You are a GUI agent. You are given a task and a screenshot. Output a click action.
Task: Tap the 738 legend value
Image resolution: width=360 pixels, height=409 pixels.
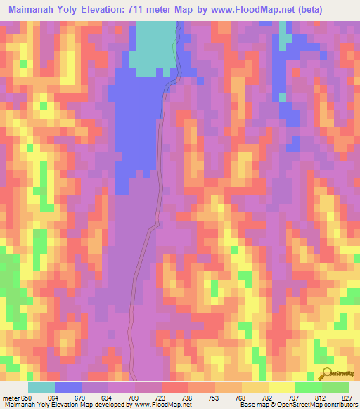pos(188,398)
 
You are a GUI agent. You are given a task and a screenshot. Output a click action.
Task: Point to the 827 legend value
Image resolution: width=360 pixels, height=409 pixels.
pos(347,398)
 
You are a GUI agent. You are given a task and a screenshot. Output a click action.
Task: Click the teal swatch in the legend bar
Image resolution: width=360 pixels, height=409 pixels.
pos(41,387)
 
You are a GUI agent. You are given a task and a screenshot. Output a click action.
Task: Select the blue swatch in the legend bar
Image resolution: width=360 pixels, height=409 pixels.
pos(68,387)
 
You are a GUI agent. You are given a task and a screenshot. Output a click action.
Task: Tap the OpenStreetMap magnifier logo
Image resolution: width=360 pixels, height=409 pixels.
pos(325,373)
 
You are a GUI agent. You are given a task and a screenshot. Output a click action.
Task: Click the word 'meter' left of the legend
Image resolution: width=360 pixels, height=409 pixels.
pos(11,398)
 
